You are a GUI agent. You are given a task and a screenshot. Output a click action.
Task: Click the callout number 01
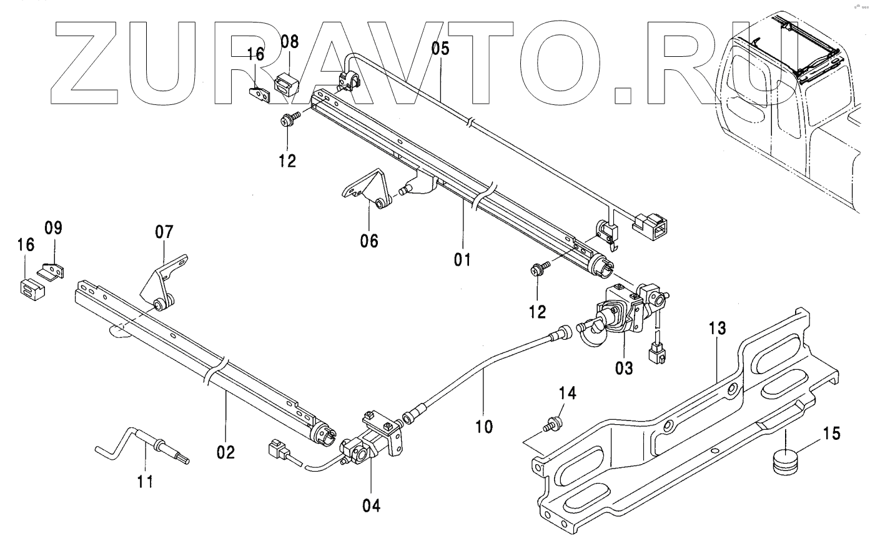tap(463, 257)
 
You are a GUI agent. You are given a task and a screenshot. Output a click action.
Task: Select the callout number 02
tap(226, 452)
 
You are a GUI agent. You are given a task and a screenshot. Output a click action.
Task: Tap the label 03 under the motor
tap(624, 368)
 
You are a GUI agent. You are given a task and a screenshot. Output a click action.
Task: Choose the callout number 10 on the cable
tap(484, 427)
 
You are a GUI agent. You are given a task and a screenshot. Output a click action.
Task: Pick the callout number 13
tap(718, 329)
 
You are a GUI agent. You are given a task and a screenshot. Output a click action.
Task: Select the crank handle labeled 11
tap(144, 445)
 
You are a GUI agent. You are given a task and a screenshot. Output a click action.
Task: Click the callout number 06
tap(369, 241)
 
